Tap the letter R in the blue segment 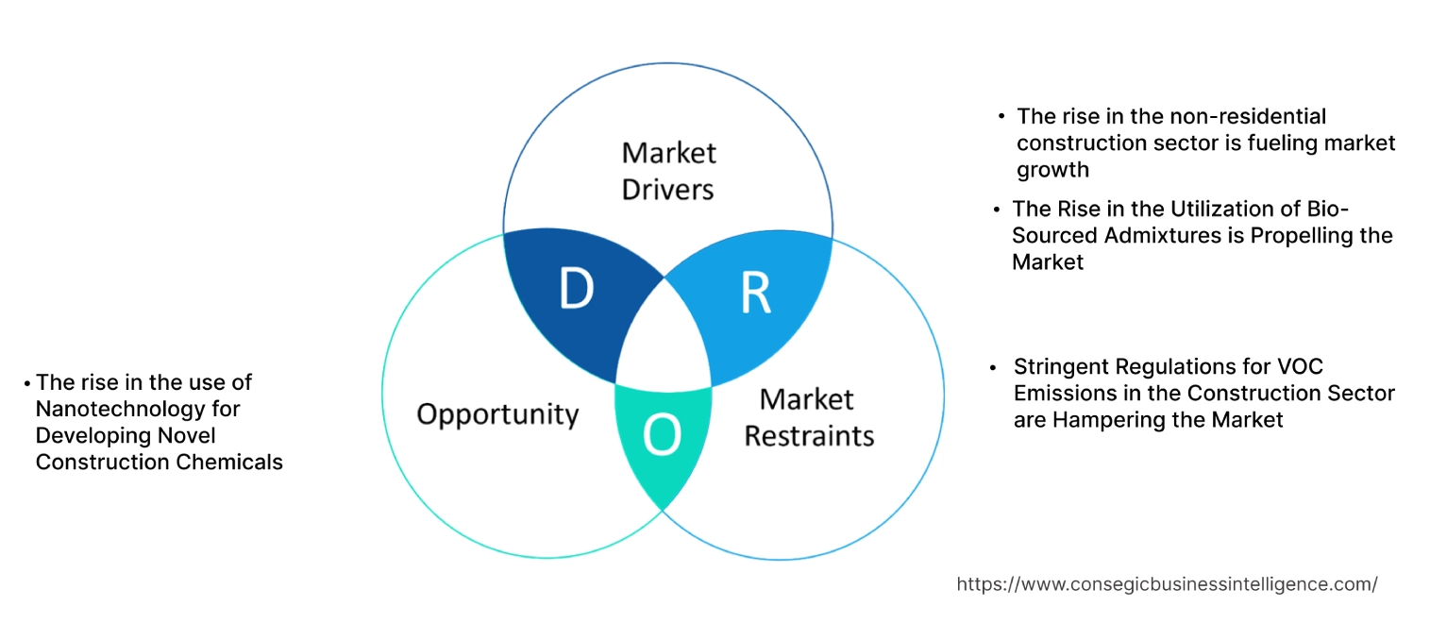click(x=755, y=294)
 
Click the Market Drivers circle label click(x=668, y=171)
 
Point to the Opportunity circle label click(x=497, y=413)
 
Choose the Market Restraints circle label click(x=809, y=417)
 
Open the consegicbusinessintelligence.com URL click(x=1167, y=584)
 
